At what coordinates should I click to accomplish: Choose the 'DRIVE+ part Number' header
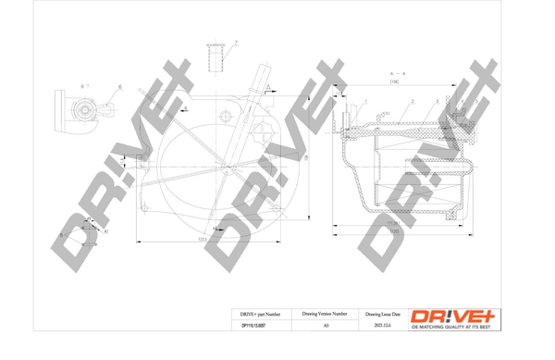pyautogui.click(x=247, y=315)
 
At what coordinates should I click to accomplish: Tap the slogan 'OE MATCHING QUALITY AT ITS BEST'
pyautogui.click(x=455, y=327)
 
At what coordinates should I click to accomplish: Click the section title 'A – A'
pyautogui.click(x=399, y=72)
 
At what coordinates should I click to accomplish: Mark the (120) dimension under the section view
pyautogui.click(x=393, y=232)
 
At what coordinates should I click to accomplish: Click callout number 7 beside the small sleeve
pyautogui.click(x=236, y=43)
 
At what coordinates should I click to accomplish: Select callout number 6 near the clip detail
pyautogui.click(x=119, y=87)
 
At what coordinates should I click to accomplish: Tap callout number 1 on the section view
pyautogui.click(x=367, y=100)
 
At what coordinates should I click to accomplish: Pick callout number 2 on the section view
pyautogui.click(x=412, y=100)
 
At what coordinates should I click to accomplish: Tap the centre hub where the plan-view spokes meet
pyautogui.click(x=225, y=167)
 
